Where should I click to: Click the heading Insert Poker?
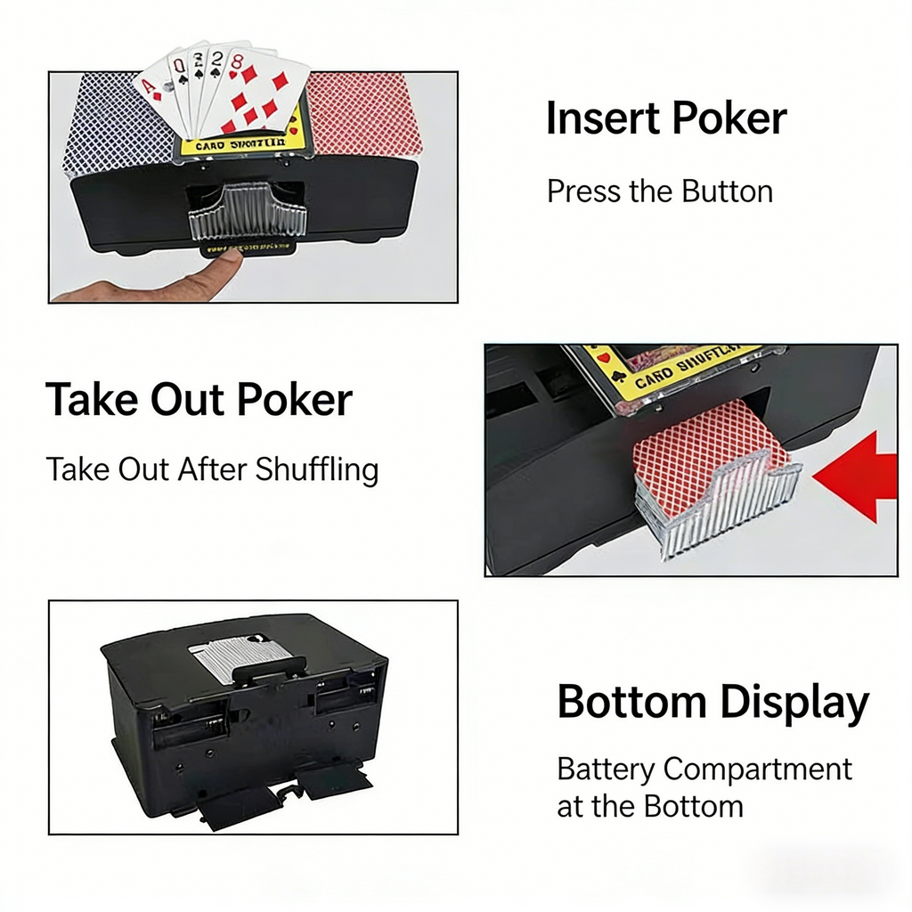pos(666,119)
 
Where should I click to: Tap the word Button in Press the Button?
pos(727,191)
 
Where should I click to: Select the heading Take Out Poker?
pos(199,400)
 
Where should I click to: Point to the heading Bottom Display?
pos(712,703)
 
